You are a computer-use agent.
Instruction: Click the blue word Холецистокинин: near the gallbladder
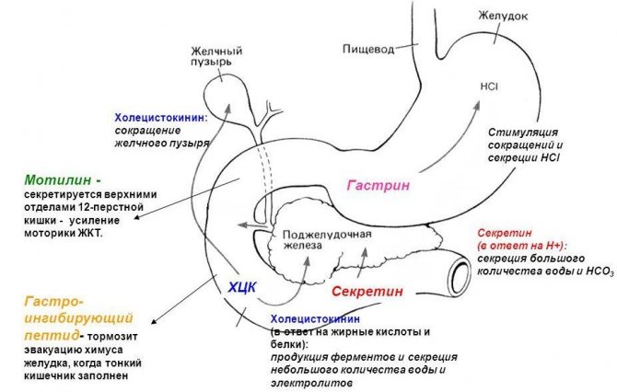[161, 118]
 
